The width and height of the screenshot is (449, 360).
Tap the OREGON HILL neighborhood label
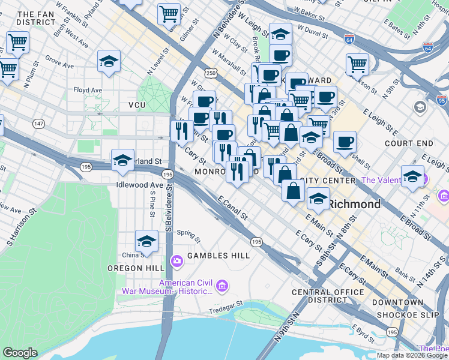pos(133,268)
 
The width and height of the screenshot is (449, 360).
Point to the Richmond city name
pos(354,204)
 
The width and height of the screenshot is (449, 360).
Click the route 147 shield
pos(38,124)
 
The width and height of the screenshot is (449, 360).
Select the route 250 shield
pos(210,73)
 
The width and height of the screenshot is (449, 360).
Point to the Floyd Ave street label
pos(88,90)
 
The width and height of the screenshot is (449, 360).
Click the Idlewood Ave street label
pos(140,185)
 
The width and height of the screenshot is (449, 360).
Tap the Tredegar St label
pos(226,310)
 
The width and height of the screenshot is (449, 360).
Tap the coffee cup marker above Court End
pos(345,142)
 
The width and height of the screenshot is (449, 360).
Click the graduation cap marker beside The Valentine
pos(412,176)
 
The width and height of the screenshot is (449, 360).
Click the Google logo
pos(20,353)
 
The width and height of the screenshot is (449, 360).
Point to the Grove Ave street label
pos(59,61)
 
